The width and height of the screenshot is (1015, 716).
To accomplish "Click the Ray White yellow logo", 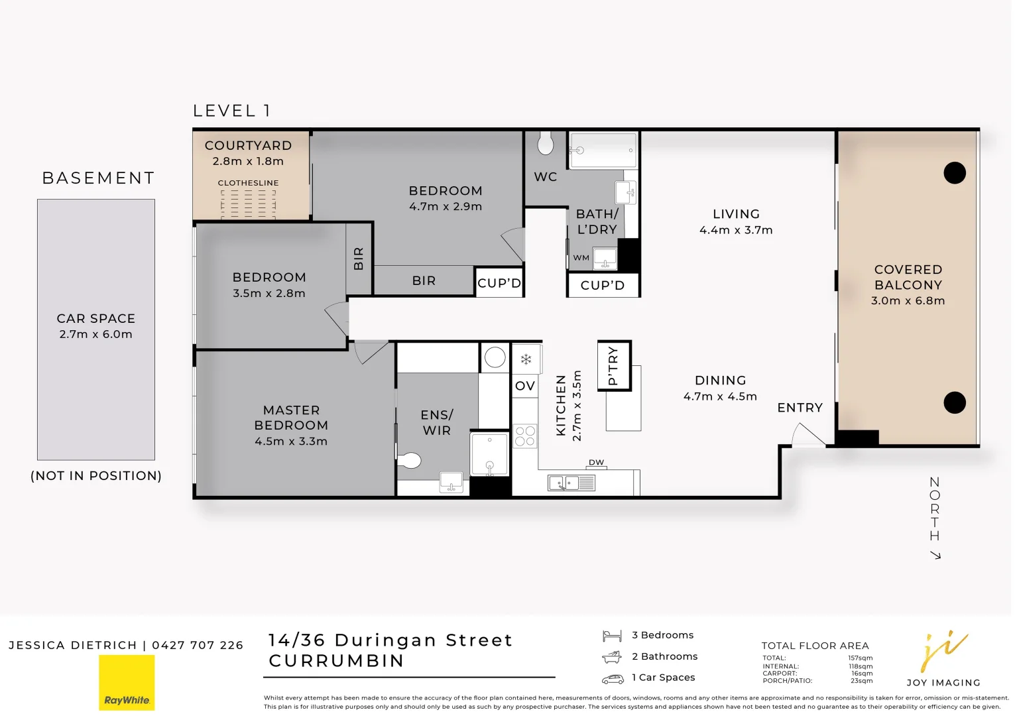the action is pyautogui.click(x=127, y=682).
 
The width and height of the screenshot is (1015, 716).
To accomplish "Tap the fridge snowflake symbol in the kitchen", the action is pyautogui.click(x=526, y=359).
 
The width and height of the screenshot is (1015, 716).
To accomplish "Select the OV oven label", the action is pyautogui.click(x=524, y=386).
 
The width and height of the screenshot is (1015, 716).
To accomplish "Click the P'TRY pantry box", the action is pyautogui.click(x=614, y=365).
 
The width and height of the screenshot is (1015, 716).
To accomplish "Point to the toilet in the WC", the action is pyautogui.click(x=545, y=143).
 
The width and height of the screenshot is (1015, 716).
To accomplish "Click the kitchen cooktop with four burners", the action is pyautogui.click(x=524, y=436).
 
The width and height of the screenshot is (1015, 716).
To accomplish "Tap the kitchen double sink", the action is pyautogui.click(x=571, y=483).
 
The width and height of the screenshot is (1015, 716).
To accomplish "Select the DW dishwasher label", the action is pyautogui.click(x=596, y=462).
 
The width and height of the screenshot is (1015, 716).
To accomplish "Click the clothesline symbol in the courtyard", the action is pyautogui.click(x=249, y=204).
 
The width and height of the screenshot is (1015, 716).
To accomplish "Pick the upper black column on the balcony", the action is pyautogui.click(x=954, y=172).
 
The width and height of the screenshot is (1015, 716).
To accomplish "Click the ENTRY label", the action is pyautogui.click(x=800, y=408).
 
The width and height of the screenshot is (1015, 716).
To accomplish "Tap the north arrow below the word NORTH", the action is pyautogui.click(x=935, y=555).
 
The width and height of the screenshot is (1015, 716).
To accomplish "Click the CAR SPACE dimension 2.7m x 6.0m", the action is pyautogui.click(x=96, y=334).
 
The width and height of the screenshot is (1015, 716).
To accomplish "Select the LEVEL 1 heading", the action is pyautogui.click(x=231, y=111).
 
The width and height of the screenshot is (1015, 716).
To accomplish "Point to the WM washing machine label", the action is pyautogui.click(x=581, y=258).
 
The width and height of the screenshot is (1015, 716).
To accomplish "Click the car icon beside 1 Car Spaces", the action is pyautogui.click(x=613, y=679).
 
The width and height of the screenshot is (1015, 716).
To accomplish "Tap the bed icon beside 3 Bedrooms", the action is pyautogui.click(x=612, y=636).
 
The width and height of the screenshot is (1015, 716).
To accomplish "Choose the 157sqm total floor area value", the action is pyautogui.click(x=861, y=658).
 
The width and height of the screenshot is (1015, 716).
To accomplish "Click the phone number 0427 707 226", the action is pyautogui.click(x=198, y=645).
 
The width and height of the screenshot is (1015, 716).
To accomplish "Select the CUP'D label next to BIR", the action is pyautogui.click(x=499, y=283).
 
